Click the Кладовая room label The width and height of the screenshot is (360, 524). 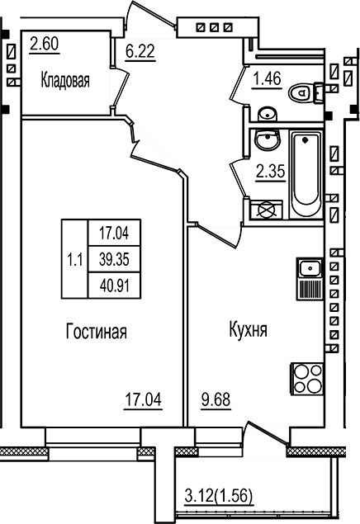click(65, 81)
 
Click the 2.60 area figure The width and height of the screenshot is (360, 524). click(43, 44)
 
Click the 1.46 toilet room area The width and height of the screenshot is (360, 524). click(266, 80)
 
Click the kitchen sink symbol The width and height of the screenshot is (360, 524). click(309, 267)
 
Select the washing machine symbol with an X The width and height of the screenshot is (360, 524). click(267, 210)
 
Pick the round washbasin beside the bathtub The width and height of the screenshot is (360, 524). click(266, 141)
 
